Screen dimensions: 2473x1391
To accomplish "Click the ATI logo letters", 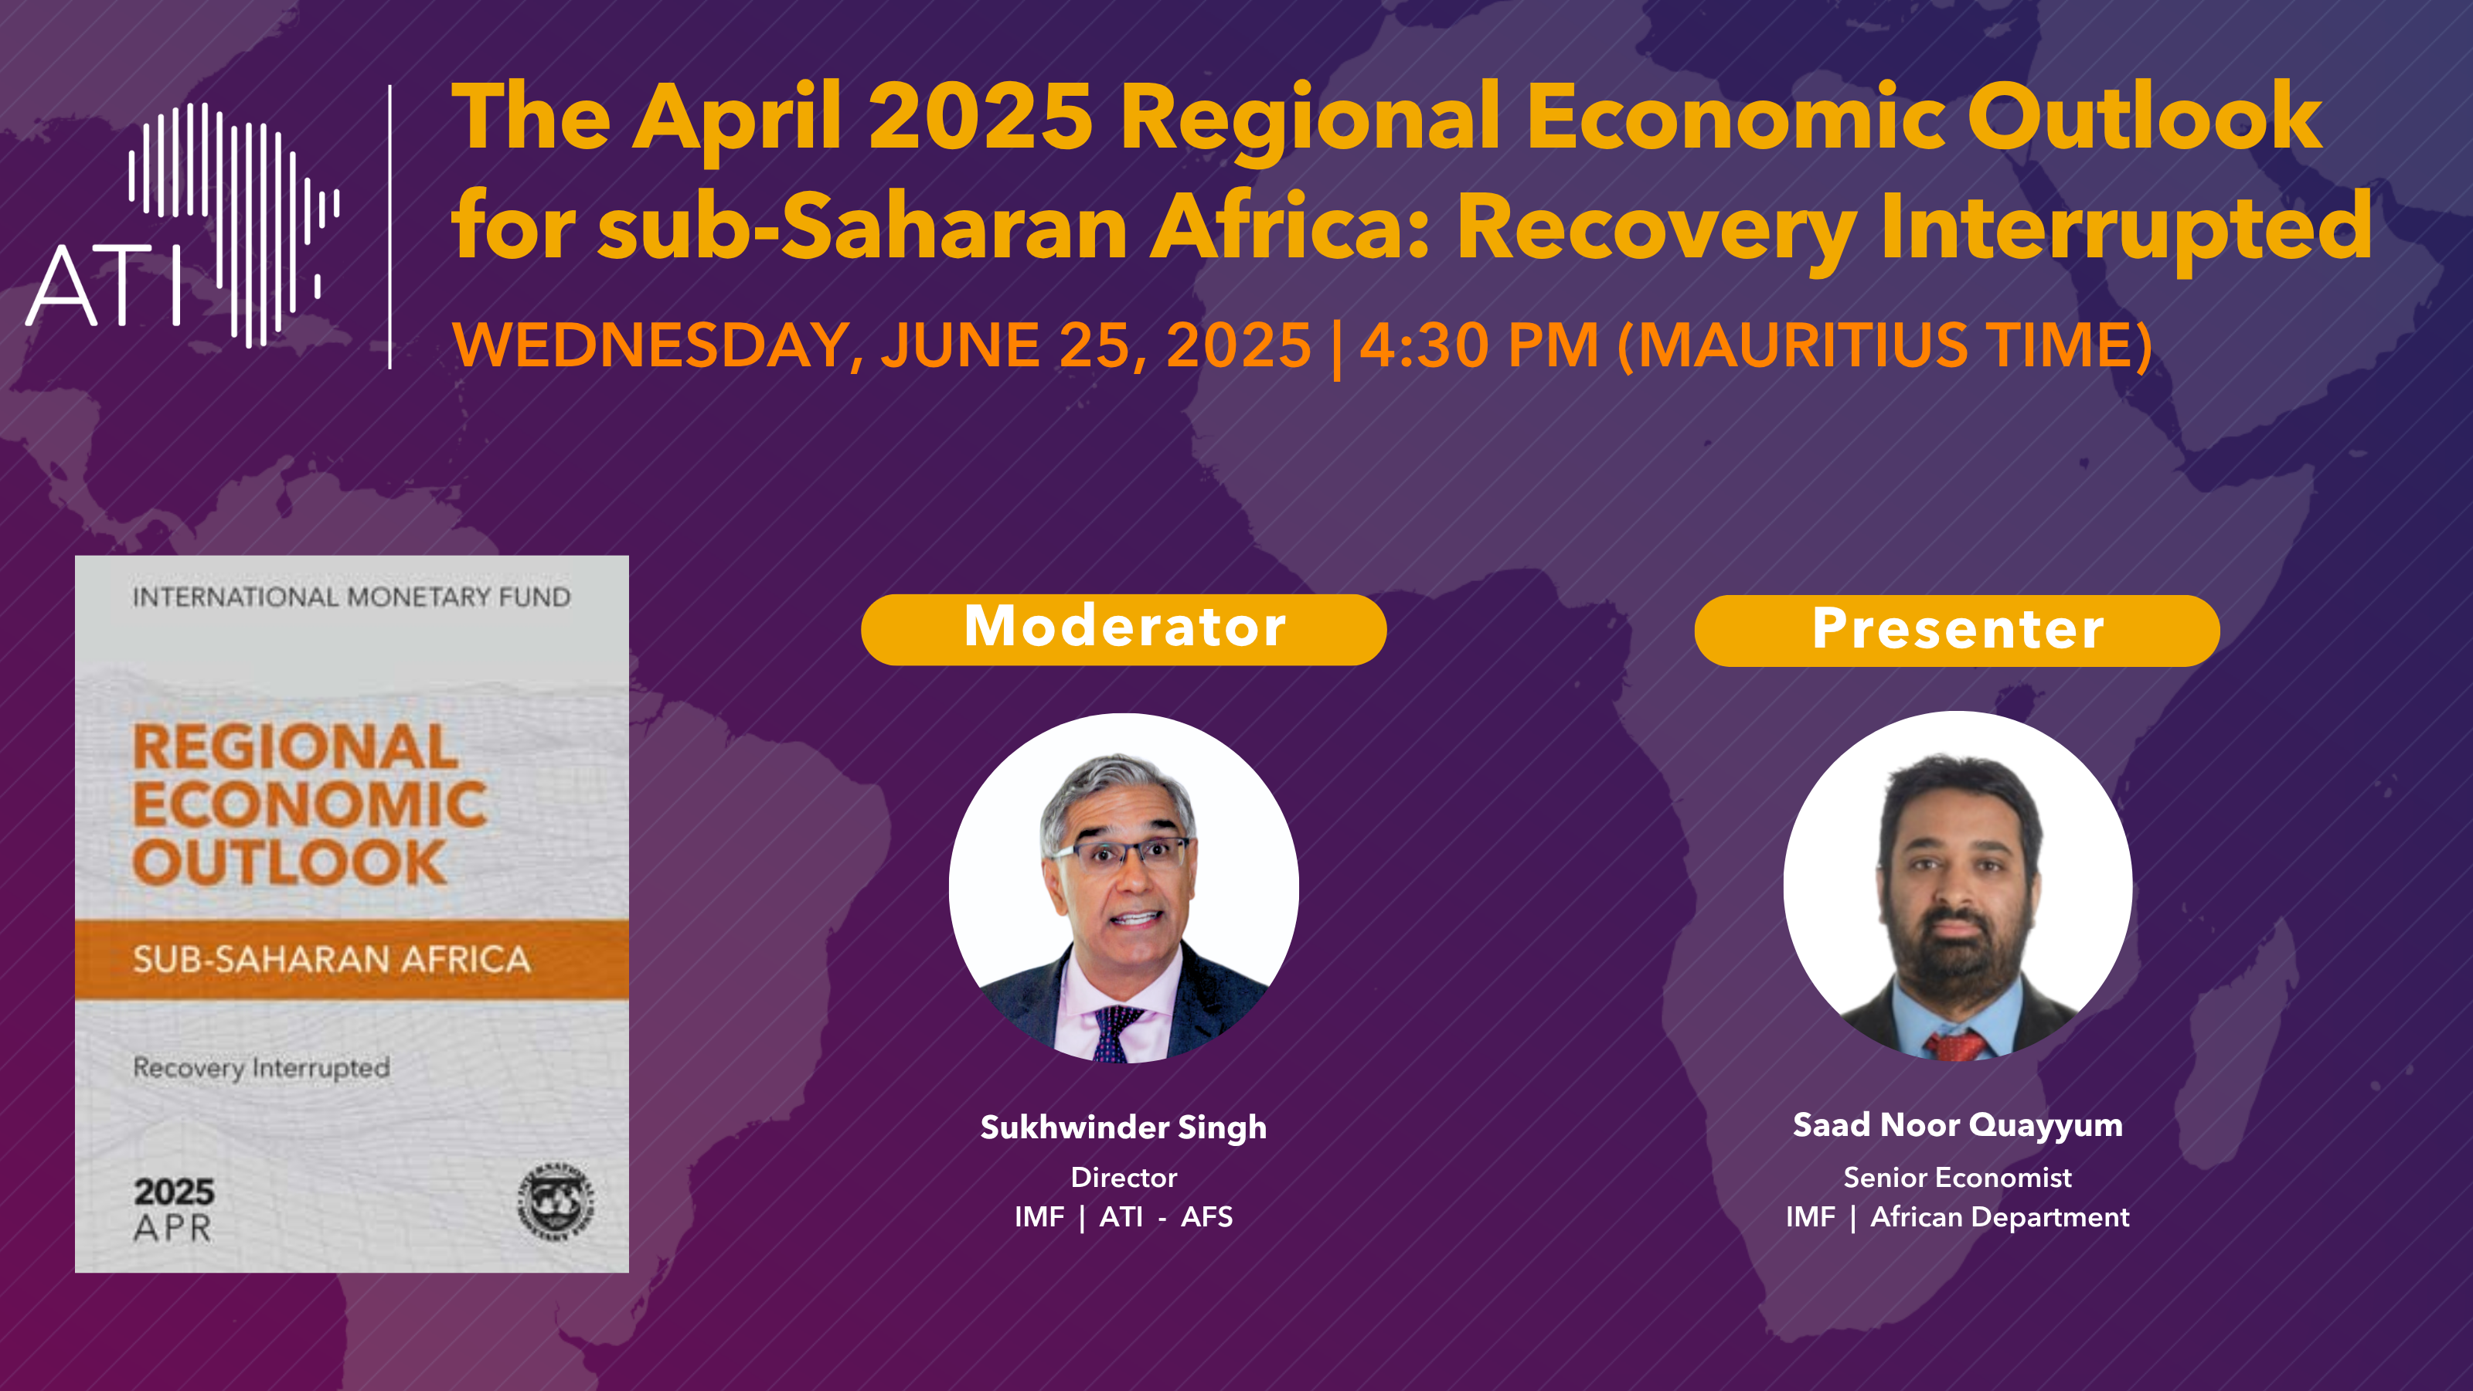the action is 104,285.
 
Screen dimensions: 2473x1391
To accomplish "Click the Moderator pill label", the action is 1124,629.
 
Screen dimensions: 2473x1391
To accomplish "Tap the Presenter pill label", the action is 1958,630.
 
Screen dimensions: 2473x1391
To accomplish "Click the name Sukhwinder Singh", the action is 1123,1127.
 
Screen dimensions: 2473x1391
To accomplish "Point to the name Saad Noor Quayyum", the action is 1958,1125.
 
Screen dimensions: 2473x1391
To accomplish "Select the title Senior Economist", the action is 1958,1177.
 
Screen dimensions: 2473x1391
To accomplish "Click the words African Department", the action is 2000,1216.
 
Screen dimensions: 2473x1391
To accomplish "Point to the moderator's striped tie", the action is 1115,1035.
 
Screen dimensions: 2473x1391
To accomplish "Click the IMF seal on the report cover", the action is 556,1201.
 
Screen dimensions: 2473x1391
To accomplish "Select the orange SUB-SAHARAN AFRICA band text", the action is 332,959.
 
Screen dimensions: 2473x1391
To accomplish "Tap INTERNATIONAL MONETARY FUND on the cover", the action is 352,597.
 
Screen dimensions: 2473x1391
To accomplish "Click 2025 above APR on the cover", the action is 174,1192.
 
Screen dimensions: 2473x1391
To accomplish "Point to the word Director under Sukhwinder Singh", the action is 1123,1177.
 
